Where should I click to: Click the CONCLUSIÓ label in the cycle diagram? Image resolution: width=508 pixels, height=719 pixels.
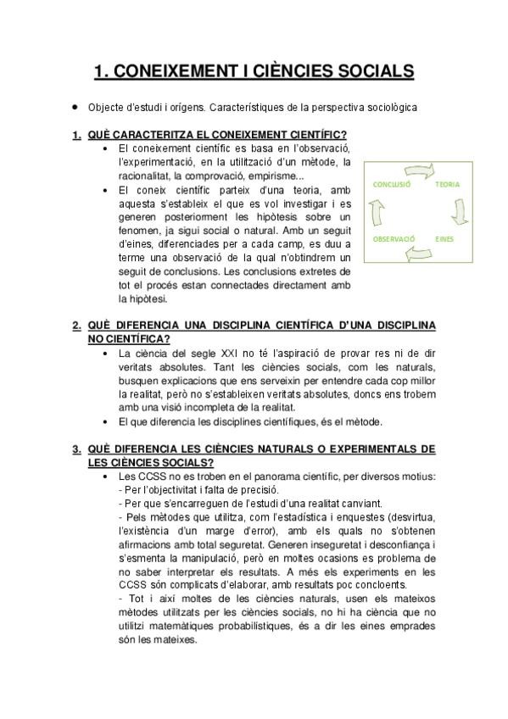tap(392, 184)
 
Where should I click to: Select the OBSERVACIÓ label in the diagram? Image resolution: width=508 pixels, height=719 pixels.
tap(394, 240)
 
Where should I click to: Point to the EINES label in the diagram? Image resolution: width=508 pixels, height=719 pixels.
tap(445, 240)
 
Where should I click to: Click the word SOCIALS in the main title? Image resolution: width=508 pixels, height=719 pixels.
tap(370, 72)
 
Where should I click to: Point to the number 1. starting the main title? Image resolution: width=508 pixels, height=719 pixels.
tap(101, 72)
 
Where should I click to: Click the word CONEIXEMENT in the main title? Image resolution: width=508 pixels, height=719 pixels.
tap(170, 72)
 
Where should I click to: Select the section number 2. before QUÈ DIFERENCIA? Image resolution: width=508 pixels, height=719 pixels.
tap(76, 325)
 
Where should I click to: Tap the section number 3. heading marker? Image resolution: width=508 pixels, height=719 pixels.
tap(76, 449)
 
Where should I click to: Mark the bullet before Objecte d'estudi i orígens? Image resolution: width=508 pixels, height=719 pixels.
tap(76, 108)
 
